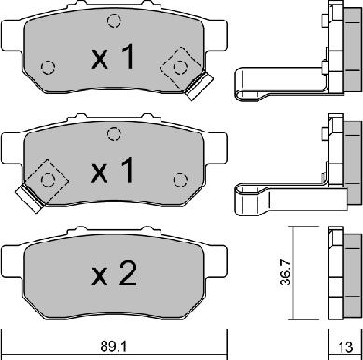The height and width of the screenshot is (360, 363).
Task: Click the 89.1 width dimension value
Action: (114, 346)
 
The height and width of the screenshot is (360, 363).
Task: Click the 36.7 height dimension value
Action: (286, 272)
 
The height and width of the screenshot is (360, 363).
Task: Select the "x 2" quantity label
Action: (114, 273)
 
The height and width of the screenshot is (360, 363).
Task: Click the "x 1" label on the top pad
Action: (113, 57)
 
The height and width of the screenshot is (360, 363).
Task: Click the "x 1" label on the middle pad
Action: (113, 170)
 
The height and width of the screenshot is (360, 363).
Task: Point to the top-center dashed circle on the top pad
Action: (114, 21)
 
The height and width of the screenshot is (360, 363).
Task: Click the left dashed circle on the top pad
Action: (48, 67)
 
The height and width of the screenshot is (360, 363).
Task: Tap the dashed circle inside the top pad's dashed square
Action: (180, 67)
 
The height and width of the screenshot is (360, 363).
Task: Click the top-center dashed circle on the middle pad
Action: (114, 133)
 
